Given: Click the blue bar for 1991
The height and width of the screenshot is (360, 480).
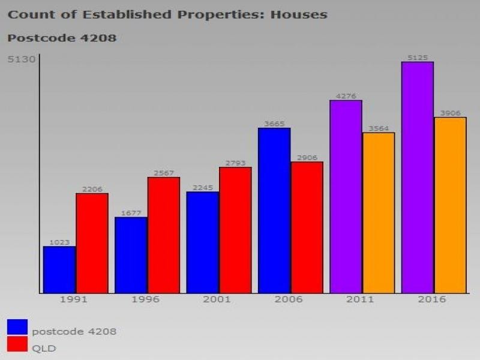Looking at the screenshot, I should pos(59,270).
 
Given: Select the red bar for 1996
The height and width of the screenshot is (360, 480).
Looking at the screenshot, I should pos(164,235).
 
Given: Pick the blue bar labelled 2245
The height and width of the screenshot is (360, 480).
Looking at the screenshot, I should pos(202,242).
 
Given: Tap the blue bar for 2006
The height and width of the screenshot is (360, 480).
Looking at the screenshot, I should pos(274,211).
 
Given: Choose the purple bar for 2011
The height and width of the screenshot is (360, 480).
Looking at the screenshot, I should pos(346,197).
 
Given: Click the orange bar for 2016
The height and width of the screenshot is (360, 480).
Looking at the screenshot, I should pos(450,205).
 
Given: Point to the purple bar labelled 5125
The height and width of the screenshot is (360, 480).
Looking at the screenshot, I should pos(418,178).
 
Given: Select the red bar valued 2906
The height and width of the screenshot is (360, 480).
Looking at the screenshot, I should pos(307,227).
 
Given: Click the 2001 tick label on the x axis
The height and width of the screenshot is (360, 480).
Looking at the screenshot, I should pos(217,299).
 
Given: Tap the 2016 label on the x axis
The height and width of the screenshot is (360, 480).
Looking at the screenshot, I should pos(432,299).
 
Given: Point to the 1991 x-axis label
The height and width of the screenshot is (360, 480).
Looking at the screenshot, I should pos(73,299).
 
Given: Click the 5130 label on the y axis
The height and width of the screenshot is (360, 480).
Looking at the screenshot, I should pos(21,59).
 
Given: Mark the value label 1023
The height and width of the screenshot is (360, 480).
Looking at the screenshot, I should pos(59,242).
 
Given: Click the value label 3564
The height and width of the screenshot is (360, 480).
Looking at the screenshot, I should pos(379,128).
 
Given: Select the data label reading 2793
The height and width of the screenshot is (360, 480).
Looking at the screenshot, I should pos(235,163).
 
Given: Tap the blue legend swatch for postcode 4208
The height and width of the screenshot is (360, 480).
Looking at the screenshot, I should pos(17,327).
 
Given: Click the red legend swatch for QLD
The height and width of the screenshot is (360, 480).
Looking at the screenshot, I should pos(17,344).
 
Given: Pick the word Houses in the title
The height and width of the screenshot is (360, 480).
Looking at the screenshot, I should pos(298,14).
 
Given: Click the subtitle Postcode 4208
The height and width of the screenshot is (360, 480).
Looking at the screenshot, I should pos(62,38).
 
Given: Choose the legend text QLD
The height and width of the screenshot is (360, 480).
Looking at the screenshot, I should pos(44,348).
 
